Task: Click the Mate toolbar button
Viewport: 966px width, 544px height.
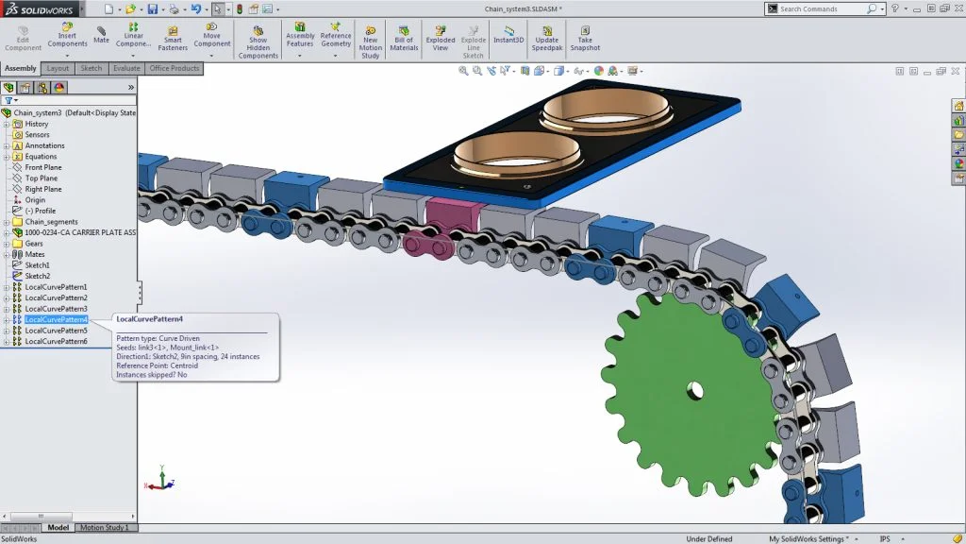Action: (101, 35)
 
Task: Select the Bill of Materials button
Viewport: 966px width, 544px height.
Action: (404, 39)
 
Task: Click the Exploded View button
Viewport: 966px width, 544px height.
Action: (440, 39)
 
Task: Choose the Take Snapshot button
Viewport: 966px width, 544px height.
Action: (585, 39)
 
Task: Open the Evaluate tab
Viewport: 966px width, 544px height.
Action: (125, 68)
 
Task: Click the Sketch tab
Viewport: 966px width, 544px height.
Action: (91, 68)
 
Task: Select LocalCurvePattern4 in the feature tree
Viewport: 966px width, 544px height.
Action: (56, 319)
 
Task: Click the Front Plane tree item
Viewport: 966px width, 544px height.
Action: (42, 167)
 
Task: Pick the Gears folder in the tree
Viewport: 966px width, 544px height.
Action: (34, 244)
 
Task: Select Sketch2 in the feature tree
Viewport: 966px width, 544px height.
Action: (38, 276)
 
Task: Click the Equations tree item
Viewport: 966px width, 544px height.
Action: (41, 157)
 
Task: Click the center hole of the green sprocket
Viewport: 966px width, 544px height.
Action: (694, 389)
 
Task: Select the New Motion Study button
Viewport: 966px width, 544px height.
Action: (370, 42)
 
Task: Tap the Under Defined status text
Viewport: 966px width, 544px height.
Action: (708, 538)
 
